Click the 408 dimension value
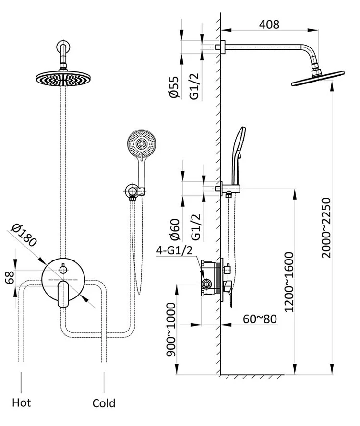pyautogui.click(x=269, y=24)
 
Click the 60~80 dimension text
pyautogui.click(x=259, y=318)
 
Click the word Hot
pyautogui.click(x=21, y=402)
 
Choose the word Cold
pyautogui.click(x=104, y=403)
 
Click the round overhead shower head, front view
pyautogui.click(x=63, y=78)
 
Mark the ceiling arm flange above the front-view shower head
pyautogui.click(x=63, y=48)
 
